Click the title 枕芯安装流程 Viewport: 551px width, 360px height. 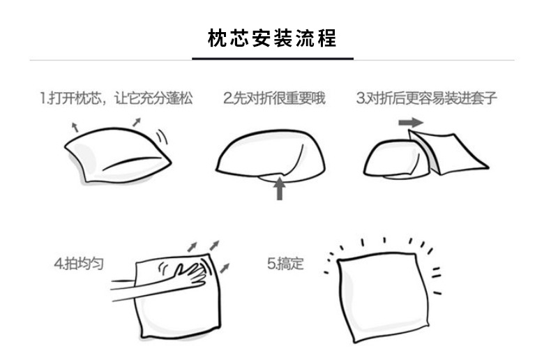pos(273,38)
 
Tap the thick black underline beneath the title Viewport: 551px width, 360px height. pos(273,59)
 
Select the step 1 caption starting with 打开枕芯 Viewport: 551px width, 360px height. pos(116,98)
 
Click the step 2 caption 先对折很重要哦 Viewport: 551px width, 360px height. pos(274,98)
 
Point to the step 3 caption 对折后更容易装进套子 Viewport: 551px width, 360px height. pos(426,98)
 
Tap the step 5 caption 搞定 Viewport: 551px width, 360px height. pos(285,264)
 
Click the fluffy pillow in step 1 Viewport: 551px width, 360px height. pos(115,157)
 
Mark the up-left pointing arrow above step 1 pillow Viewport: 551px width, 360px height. pos(75,126)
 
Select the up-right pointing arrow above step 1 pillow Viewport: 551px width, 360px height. pos(136,121)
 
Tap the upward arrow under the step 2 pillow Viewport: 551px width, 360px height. pos(280,188)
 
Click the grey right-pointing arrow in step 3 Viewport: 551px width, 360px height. pos(411,122)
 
